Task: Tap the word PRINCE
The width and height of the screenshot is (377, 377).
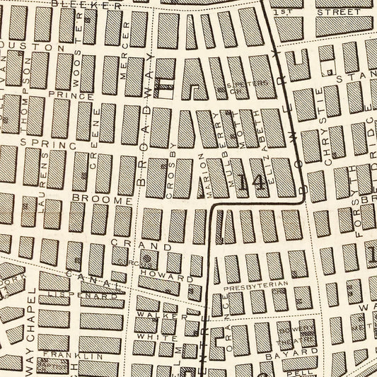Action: (71, 95)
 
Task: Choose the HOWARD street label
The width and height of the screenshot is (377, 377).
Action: (157, 271)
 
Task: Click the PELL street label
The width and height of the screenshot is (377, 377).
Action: (306, 370)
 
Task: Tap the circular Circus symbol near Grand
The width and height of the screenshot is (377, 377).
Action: (147, 257)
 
